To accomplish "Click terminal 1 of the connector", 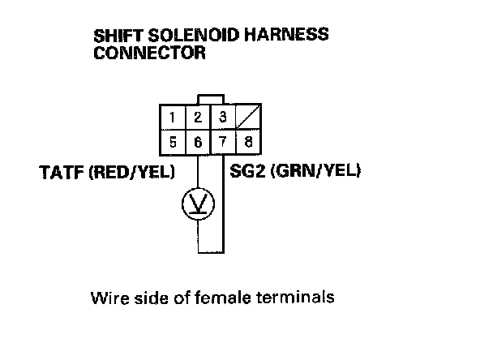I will [x=173, y=118].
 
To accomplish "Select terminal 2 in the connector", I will [x=197, y=118].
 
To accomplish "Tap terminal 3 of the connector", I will [x=221, y=118].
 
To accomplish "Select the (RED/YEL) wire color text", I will [x=124, y=172].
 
